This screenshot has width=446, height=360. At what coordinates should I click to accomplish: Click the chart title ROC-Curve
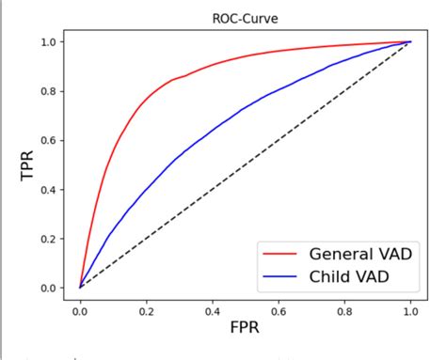[x=245, y=16]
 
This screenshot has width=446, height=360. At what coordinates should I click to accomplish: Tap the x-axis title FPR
[x=245, y=331]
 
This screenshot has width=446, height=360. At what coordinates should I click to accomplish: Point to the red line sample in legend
[x=281, y=253]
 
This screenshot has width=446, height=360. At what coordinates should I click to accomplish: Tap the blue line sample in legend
[x=281, y=277]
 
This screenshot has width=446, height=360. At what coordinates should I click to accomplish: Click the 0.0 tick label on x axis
[x=80, y=308]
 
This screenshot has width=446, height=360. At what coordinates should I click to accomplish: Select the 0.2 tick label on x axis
[x=146, y=308]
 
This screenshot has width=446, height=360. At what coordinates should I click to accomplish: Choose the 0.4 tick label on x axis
[x=212, y=308]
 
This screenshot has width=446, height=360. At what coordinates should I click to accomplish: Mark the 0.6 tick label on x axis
[x=279, y=308]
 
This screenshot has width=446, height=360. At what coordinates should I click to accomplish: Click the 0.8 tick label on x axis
[x=344, y=308]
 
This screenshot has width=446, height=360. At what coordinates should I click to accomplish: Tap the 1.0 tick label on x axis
[x=410, y=308]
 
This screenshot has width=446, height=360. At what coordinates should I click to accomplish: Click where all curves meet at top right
[x=410, y=42]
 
